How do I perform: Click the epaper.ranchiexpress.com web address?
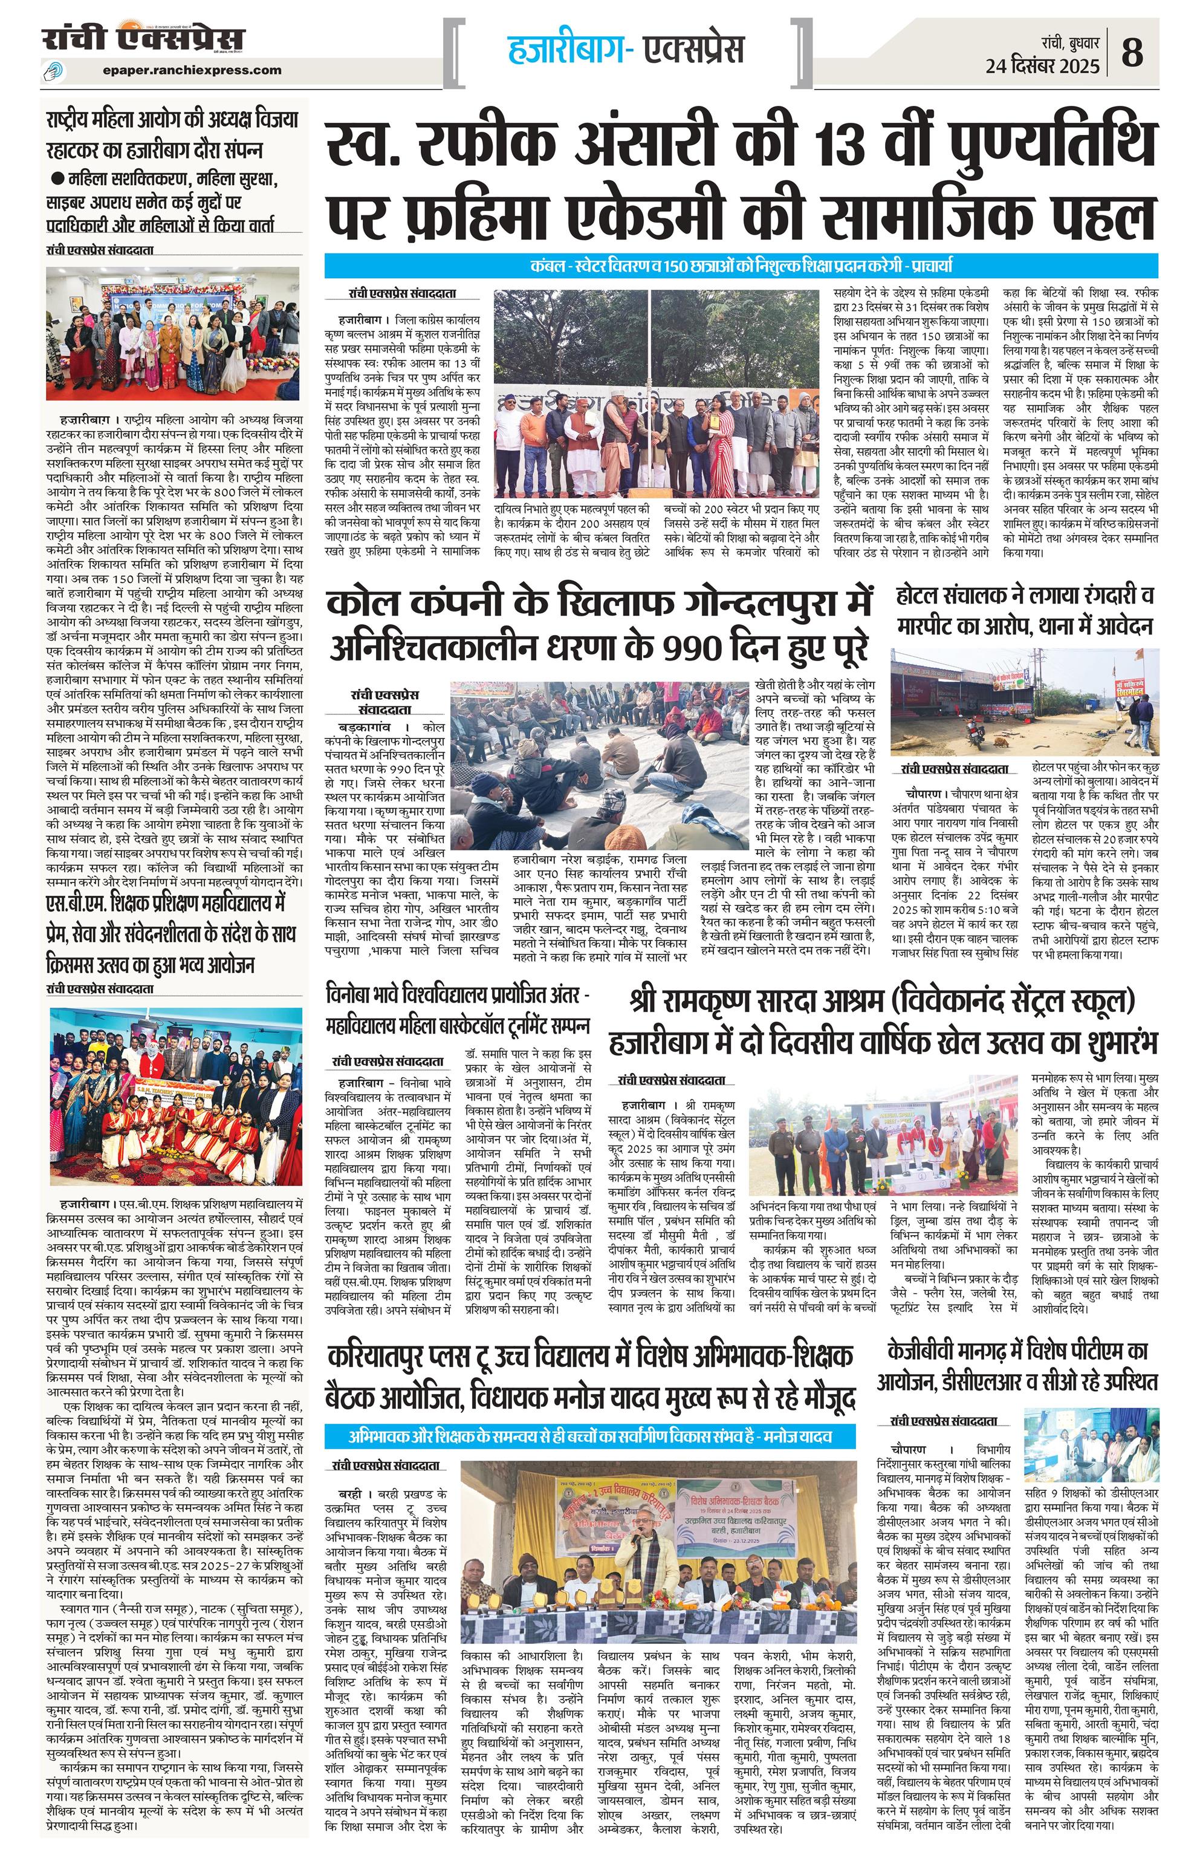(192, 70)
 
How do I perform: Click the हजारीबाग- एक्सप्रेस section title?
(626, 48)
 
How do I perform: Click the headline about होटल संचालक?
(1024, 610)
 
